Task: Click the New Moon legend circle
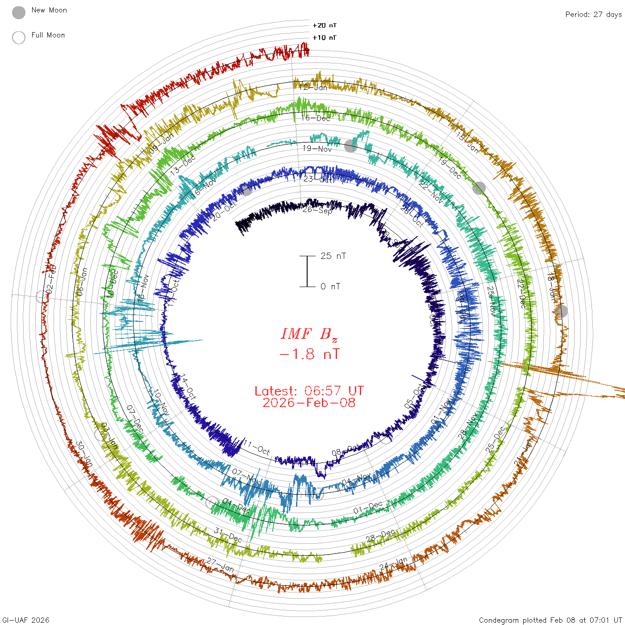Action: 19,12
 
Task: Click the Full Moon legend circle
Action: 19,37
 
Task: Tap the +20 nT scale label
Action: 325,25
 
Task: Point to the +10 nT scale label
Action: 325,37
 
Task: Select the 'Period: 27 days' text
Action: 593,14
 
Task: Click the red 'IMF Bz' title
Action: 309,334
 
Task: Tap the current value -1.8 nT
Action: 309,354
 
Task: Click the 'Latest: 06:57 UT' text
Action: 309,391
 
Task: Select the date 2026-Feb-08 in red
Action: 309,403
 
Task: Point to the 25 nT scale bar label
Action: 333,256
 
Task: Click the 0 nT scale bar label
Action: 330,286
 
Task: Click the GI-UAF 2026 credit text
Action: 25,620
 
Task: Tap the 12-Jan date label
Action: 313,87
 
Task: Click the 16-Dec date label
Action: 316,118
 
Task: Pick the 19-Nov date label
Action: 317,149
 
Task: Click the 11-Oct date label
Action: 257,447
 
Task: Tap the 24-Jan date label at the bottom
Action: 393,564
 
